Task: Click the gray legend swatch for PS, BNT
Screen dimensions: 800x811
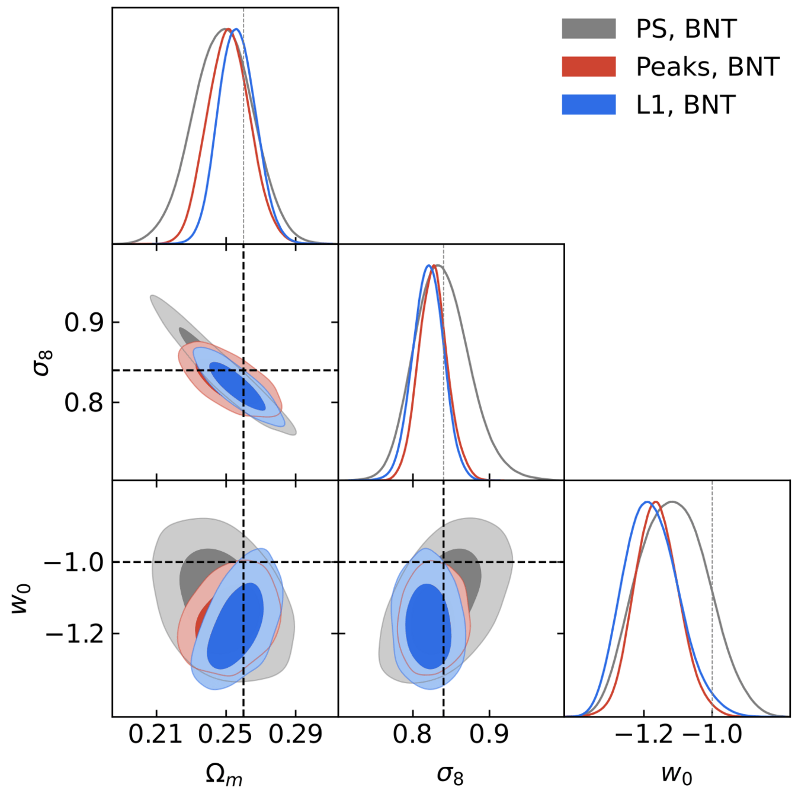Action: (x=588, y=28)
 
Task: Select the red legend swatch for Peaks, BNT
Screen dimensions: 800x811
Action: (x=588, y=66)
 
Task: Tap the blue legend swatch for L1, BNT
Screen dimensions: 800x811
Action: (x=588, y=104)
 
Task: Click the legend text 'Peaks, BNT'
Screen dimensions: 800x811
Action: (x=707, y=67)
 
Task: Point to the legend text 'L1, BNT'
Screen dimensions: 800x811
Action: (x=685, y=105)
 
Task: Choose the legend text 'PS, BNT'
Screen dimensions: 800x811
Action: (x=686, y=29)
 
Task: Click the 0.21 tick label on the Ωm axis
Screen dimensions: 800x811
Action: (x=156, y=735)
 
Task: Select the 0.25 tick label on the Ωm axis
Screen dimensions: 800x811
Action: (x=226, y=735)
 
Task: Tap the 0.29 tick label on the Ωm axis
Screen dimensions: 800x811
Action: (x=296, y=735)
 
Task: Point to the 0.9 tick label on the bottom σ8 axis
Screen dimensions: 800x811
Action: (x=489, y=735)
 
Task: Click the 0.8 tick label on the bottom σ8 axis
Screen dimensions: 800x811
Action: (x=412, y=735)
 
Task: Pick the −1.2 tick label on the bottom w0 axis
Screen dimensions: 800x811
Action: (x=644, y=735)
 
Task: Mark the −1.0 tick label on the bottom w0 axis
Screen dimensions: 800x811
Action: (x=713, y=735)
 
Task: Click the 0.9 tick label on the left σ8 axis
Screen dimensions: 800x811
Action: (x=84, y=323)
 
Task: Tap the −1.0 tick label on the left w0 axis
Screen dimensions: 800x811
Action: (x=74, y=562)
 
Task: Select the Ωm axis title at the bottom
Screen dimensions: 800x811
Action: (x=224, y=775)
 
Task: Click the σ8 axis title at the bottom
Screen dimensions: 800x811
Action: (x=450, y=775)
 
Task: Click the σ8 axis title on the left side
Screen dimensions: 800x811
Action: (x=43, y=363)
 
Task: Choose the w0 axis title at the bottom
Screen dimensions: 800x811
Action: (x=677, y=775)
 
